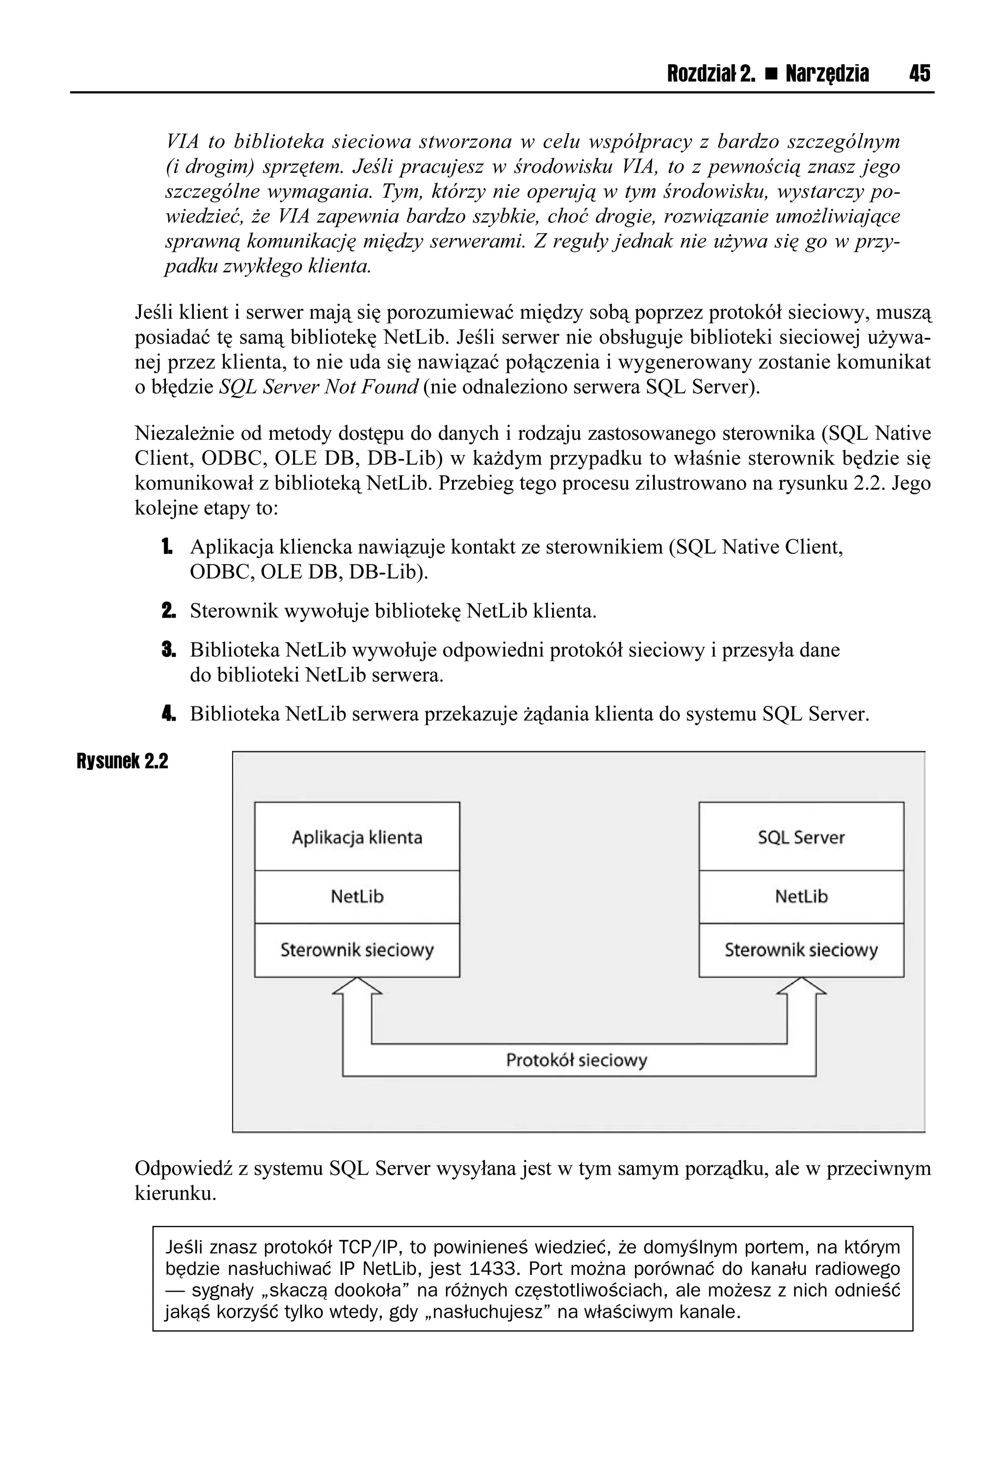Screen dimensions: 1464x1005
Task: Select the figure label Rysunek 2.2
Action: click(x=122, y=761)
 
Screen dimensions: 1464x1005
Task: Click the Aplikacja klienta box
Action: click(x=357, y=837)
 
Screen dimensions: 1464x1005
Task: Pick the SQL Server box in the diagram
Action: click(x=801, y=837)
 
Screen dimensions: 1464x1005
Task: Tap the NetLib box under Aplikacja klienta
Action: click(x=357, y=896)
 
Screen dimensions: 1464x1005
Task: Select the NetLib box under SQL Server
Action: click(x=801, y=896)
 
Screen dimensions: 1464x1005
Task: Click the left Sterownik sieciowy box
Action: click(x=357, y=950)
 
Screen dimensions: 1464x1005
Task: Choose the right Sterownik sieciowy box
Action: click(x=801, y=950)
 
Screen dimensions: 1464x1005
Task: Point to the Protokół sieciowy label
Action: click(x=576, y=1060)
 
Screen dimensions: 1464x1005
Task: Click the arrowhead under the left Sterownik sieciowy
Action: click(x=357, y=987)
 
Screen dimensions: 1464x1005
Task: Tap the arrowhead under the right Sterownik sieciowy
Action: click(x=801, y=987)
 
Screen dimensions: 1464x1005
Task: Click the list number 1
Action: click(x=166, y=547)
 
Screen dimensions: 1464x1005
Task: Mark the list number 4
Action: click(x=168, y=714)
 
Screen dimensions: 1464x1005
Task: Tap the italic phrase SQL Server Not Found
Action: click(x=318, y=387)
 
